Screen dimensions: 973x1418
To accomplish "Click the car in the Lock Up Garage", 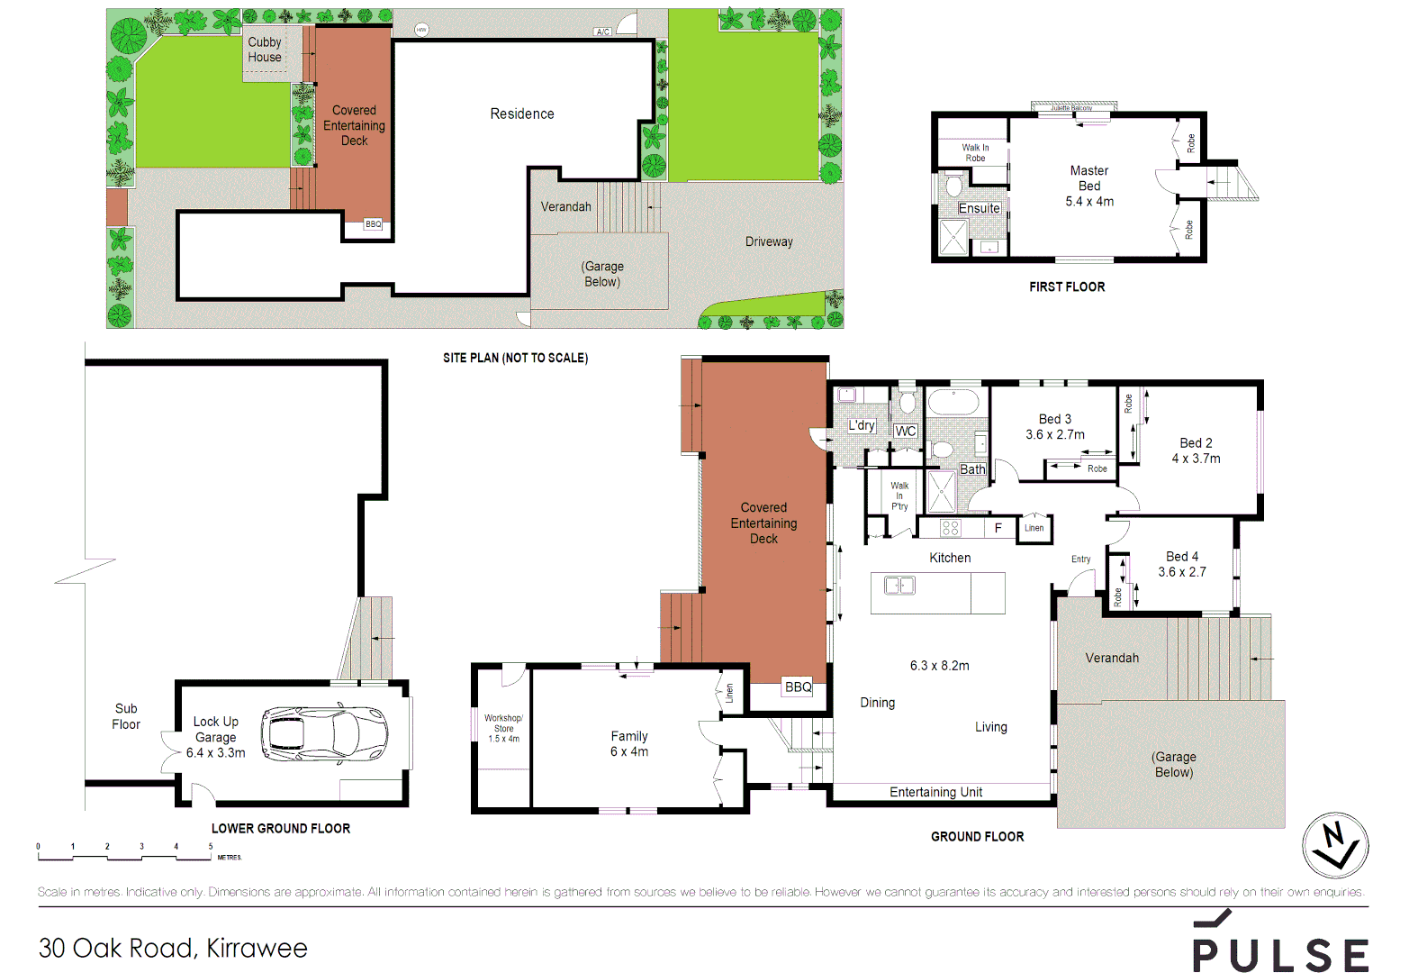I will tap(325, 732).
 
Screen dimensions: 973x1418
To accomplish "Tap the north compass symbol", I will tap(1335, 845).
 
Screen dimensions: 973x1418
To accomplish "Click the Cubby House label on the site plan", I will tap(265, 50).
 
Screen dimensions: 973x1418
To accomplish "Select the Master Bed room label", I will tap(1089, 178).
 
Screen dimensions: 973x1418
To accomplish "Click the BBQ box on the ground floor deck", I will tap(798, 687).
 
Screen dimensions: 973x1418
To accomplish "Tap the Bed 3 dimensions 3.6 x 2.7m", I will tap(1055, 434).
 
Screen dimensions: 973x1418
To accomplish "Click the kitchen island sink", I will tap(899, 586).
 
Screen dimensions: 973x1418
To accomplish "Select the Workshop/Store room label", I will tap(503, 728).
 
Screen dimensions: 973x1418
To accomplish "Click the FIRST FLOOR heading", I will tap(1067, 286).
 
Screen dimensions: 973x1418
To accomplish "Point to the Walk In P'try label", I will tap(899, 496).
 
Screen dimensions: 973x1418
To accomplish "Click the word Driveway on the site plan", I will tap(769, 241).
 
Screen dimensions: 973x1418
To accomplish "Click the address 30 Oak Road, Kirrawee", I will tap(173, 948).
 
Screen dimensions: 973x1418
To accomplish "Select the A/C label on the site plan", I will tap(602, 32).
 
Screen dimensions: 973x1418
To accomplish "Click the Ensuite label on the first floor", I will tap(979, 208).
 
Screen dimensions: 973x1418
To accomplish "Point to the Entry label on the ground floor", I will tap(1080, 559).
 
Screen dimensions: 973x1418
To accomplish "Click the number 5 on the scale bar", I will tap(211, 847).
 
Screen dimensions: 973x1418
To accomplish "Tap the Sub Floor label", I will tap(126, 716).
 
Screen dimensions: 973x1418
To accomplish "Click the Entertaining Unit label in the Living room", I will tap(935, 792).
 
